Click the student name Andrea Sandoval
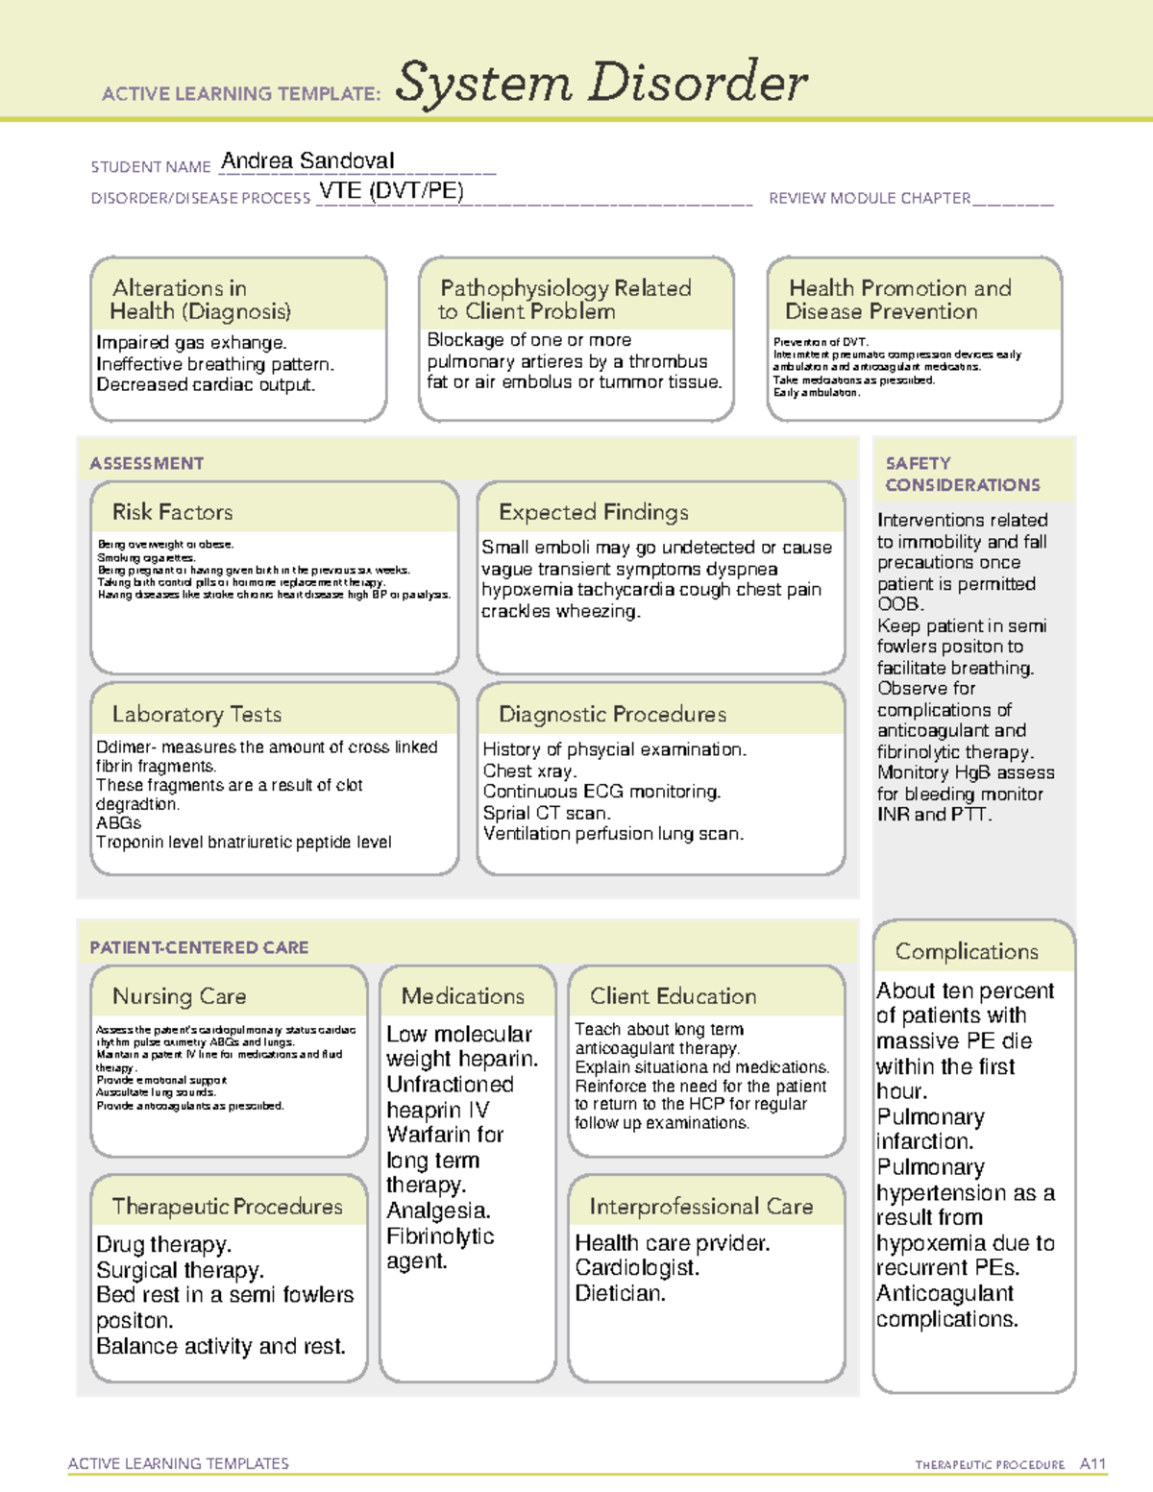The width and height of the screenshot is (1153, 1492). [307, 161]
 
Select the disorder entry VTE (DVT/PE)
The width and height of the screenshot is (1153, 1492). [391, 191]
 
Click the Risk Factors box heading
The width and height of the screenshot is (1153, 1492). [172, 512]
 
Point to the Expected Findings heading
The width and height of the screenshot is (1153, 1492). [593, 512]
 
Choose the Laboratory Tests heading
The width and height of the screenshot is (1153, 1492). [196, 714]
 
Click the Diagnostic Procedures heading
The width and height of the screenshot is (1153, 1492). [612, 714]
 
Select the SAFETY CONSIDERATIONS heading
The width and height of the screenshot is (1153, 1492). [962, 475]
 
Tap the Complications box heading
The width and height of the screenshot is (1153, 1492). [967, 951]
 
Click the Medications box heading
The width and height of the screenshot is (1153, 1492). [462, 996]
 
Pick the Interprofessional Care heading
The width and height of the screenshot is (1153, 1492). [700, 1206]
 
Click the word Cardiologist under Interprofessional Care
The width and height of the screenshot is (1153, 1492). [636, 1268]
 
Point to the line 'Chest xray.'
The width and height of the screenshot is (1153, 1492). [529, 770]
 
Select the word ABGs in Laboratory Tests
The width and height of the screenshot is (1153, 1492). [118, 823]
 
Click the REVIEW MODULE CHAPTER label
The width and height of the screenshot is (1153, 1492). [870, 199]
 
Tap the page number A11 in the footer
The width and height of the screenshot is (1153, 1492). [1092, 1464]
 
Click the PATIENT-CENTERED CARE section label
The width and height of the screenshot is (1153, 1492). [199, 947]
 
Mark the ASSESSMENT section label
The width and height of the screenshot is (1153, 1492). [147, 463]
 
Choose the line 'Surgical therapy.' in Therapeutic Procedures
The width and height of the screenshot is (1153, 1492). [180, 1270]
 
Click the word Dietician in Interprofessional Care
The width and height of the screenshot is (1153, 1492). [620, 1293]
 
